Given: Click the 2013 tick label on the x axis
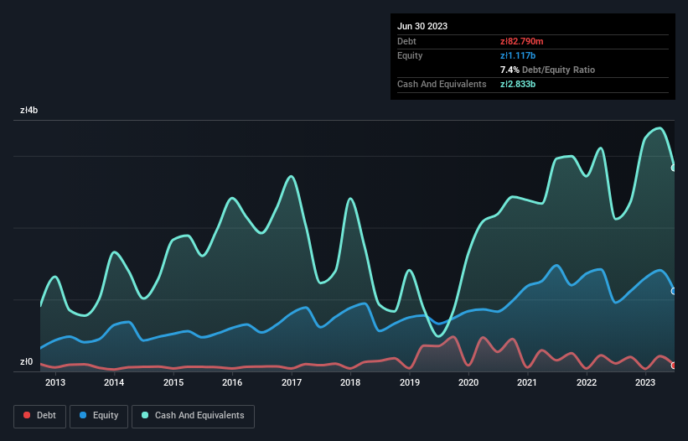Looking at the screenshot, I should (x=55, y=383).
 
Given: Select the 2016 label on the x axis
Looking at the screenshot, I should (x=232, y=383).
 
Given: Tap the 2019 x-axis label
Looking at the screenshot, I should (x=409, y=383).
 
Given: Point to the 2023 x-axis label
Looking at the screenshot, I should (x=645, y=383).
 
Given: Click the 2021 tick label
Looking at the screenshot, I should (x=527, y=383).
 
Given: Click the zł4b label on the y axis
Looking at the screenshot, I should (x=29, y=111).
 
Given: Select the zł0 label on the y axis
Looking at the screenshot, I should (x=26, y=362).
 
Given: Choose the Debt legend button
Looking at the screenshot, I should (x=39, y=416).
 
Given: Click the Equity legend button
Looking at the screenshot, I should (x=99, y=416).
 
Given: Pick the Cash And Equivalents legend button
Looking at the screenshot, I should (x=192, y=416).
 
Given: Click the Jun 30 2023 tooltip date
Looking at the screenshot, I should (x=422, y=26).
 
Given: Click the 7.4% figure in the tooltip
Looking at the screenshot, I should (x=510, y=70).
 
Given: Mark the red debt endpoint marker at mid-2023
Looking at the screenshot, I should (x=674, y=366).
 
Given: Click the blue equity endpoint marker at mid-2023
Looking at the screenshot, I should (x=674, y=291).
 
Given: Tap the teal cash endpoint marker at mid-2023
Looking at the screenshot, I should (x=674, y=168).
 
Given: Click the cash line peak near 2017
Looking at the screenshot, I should (x=291, y=176).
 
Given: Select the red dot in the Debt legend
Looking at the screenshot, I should (x=28, y=416).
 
